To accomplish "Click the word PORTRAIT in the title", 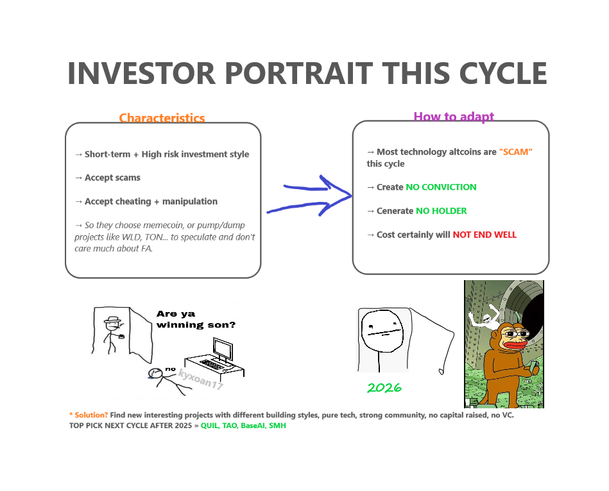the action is tap(298, 73).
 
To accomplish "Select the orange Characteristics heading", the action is tap(162, 118).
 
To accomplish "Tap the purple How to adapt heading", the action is tap(454, 117).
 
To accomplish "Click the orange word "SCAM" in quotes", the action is tap(515, 152).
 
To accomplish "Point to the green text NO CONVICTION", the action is tap(441, 187).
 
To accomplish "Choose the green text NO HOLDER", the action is tap(442, 211).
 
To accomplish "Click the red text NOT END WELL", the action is tap(485, 235).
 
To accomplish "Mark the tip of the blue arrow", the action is tap(352, 196).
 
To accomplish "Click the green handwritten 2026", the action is tap(384, 387).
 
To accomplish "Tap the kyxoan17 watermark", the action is tap(200, 379).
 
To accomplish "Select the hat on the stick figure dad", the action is tap(113, 320).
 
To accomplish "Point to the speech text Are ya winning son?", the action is tap(196, 319).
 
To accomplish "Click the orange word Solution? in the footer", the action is tap(91, 415).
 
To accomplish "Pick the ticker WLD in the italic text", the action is tap(132, 237).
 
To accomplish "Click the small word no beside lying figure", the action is tap(170, 369).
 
